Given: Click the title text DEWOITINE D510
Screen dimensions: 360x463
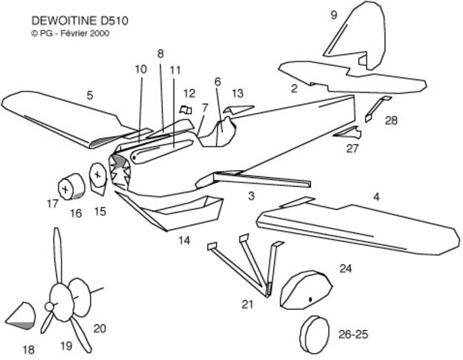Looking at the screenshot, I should tap(80, 20).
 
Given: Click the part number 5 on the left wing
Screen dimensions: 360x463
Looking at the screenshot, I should tap(90, 95).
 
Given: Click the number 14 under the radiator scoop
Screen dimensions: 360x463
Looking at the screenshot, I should tap(184, 241).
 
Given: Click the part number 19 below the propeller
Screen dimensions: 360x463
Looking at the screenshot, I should tap(65, 346).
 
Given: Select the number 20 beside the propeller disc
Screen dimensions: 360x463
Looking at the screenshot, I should tap(100, 328).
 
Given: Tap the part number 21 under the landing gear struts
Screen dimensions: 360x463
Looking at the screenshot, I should tap(248, 304).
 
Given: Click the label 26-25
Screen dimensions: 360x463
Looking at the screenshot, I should tap(358, 333).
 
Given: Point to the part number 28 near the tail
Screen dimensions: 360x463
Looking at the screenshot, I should tap(391, 120).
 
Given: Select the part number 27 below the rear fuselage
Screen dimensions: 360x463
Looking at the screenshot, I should tap(353, 148).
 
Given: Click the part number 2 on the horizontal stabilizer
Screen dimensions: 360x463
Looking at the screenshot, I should tap(294, 88).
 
